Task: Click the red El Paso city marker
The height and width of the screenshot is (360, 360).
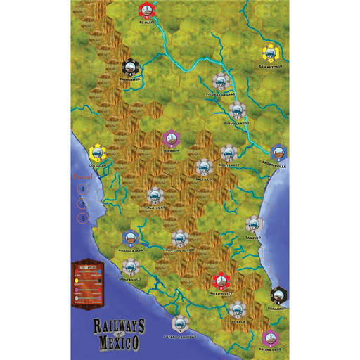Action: [x=147, y=10]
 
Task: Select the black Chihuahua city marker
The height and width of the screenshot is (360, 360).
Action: [x=130, y=68]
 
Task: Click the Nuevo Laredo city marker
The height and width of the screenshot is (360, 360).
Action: [x=236, y=110]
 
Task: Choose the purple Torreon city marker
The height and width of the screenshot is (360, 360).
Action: [x=169, y=139]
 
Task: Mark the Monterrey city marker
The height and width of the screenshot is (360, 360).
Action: [x=228, y=153]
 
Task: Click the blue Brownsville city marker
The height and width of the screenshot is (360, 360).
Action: [x=279, y=154]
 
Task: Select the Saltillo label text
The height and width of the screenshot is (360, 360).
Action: [x=204, y=179]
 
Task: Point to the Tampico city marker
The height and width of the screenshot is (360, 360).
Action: [x=252, y=224]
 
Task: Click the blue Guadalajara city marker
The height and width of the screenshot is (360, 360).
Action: [x=129, y=239]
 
